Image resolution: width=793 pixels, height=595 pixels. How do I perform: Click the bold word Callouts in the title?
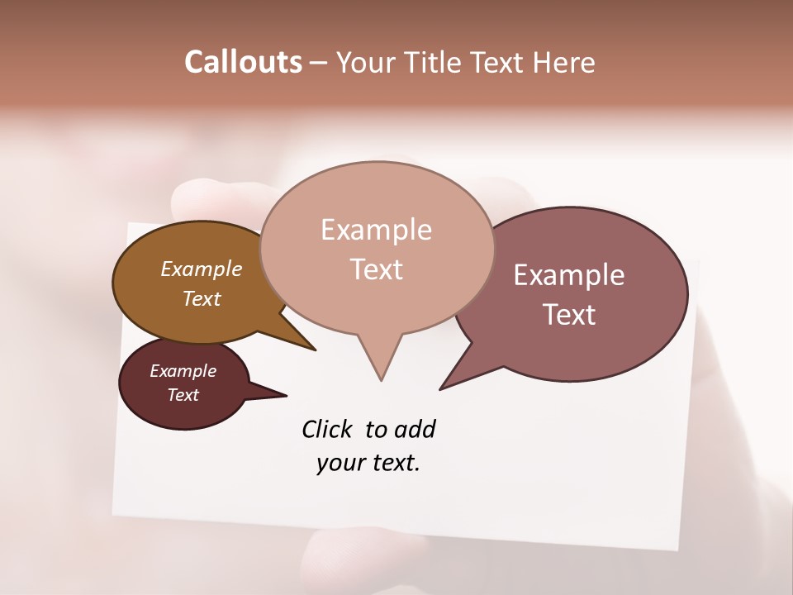point(243,62)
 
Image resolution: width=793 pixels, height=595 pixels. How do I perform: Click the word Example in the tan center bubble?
point(376,230)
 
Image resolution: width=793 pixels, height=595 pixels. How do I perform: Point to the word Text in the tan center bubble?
point(376,269)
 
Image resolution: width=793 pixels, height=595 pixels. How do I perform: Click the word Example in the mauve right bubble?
point(569,275)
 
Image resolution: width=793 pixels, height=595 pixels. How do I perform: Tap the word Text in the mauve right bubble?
point(569,315)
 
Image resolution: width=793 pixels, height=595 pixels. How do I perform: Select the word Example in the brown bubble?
point(201,269)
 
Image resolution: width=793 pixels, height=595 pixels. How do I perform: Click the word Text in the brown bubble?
point(201,298)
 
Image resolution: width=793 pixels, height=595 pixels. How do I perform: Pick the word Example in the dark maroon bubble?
point(183,371)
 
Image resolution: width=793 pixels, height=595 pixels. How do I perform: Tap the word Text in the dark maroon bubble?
point(183,395)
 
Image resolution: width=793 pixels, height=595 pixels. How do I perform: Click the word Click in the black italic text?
point(327,430)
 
